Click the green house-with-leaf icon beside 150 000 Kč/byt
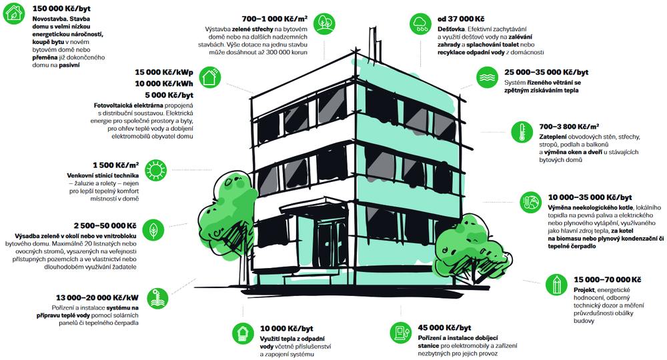(x=13, y=13)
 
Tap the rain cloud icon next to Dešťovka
(x=421, y=24)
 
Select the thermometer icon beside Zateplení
(x=522, y=132)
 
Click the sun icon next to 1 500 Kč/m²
(x=155, y=170)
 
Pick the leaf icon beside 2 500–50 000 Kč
(x=153, y=230)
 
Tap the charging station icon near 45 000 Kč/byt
(x=400, y=333)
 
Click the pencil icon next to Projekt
(x=556, y=285)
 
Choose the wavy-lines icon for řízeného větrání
(x=487, y=78)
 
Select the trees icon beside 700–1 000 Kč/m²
(x=325, y=23)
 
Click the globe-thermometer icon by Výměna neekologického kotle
(x=531, y=202)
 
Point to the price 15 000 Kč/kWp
(x=164, y=73)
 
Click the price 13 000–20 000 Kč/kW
(x=97, y=297)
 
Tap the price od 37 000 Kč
(x=461, y=19)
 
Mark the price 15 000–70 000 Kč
(x=607, y=279)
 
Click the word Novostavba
(x=49, y=19)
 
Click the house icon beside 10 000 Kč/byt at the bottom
(x=243, y=333)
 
